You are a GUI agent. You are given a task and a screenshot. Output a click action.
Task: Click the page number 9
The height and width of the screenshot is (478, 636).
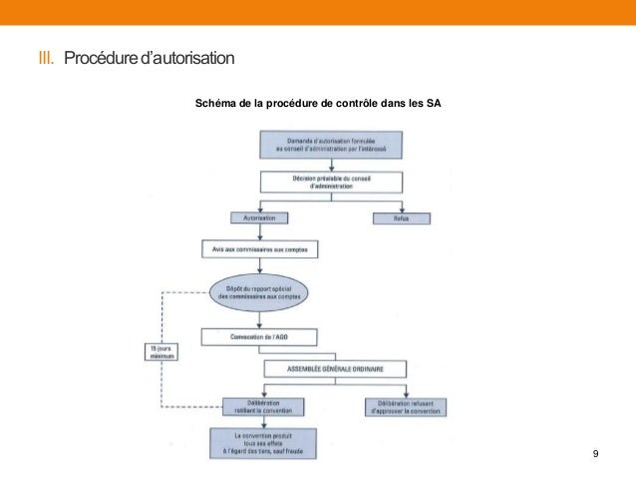click(x=595, y=455)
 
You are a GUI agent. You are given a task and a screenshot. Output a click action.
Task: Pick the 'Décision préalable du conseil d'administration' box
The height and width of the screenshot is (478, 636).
click(x=331, y=183)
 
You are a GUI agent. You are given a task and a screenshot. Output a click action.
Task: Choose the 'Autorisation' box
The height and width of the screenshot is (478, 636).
click(x=259, y=217)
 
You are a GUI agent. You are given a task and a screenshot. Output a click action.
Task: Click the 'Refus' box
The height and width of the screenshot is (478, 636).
click(x=401, y=217)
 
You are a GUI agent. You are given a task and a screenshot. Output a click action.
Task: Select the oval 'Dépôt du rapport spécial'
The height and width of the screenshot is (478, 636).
click(x=259, y=292)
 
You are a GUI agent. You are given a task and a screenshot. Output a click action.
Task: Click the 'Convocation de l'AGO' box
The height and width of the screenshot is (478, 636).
click(x=259, y=336)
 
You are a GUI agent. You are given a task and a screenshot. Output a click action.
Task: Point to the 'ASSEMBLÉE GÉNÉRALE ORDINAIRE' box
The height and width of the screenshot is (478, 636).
click(x=336, y=368)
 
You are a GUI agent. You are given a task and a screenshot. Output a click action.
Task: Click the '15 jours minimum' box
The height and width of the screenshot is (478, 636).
click(x=160, y=351)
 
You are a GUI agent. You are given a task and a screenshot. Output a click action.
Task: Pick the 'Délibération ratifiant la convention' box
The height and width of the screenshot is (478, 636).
click(x=262, y=406)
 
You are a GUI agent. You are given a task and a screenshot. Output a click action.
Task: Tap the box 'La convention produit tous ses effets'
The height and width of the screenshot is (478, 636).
click(x=262, y=443)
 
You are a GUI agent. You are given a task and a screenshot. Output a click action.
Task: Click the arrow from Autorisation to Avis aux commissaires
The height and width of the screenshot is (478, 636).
click(x=259, y=232)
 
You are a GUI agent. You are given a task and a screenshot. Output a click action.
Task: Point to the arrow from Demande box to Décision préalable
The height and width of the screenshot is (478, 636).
click(x=331, y=165)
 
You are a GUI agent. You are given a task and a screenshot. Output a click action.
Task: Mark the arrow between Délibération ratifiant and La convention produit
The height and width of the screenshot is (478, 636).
click(x=262, y=422)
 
